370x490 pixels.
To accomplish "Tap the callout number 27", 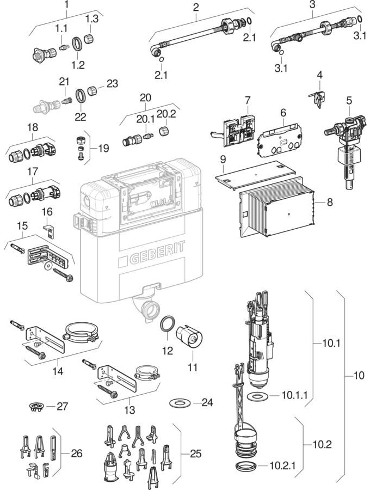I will tap(63, 406).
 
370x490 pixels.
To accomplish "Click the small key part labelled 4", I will tap(318, 97).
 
